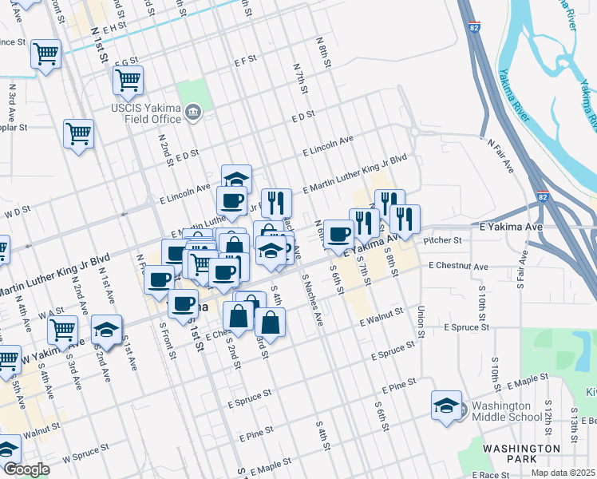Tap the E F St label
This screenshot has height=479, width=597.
click(244, 59)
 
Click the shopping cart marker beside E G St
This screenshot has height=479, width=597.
click(128, 79)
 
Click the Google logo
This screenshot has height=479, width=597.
click(26, 469)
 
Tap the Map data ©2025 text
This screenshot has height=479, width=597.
click(563, 473)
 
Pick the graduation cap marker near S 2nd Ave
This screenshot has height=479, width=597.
click(106, 329)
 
